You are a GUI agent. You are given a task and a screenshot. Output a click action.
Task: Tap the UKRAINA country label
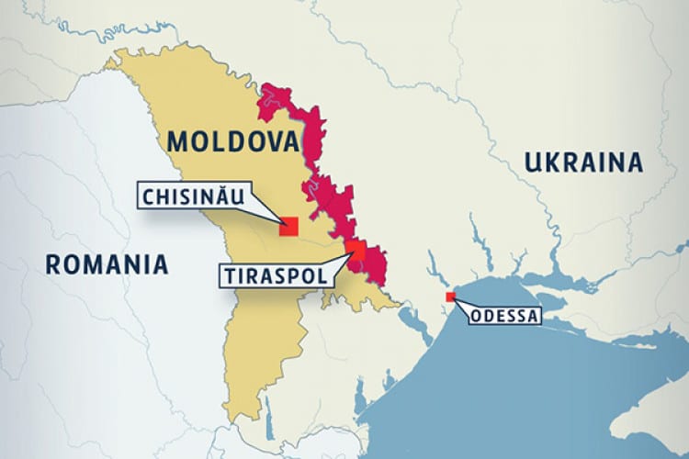(x=582, y=163)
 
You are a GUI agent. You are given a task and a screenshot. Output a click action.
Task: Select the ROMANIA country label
(x=107, y=265)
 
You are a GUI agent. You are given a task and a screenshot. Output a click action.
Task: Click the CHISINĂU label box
(x=196, y=196)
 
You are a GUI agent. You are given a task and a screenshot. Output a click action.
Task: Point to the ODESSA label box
(x=505, y=317)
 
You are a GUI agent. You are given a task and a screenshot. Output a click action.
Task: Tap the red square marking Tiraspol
(x=356, y=252)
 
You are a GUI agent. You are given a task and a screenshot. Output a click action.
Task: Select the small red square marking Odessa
(x=450, y=297)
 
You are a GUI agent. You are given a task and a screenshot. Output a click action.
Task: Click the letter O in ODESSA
(x=475, y=317)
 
